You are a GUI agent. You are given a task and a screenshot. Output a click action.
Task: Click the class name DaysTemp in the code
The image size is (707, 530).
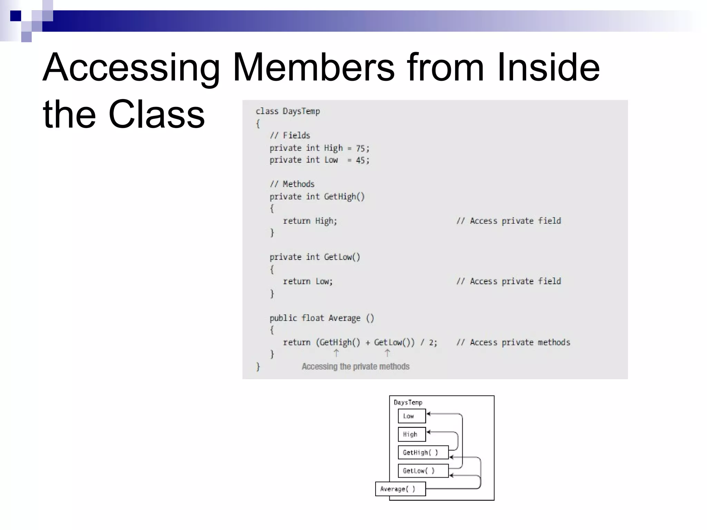(301, 111)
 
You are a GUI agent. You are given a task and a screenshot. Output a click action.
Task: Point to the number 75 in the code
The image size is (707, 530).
(360, 148)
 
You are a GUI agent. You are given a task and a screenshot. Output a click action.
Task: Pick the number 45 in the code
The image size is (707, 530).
(360, 160)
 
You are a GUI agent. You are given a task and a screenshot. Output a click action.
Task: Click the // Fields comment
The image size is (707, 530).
(290, 135)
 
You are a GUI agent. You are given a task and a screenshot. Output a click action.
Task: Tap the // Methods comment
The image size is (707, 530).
(292, 184)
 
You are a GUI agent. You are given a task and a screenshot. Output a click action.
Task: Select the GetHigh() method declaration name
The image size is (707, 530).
(344, 197)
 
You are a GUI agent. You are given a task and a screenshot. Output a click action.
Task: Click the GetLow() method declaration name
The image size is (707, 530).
(342, 257)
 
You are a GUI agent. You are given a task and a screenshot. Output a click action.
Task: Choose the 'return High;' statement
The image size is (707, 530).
(310, 221)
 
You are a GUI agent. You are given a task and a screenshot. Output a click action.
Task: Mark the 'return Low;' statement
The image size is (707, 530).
(308, 281)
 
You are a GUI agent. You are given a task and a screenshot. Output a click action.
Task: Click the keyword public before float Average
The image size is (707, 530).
(283, 318)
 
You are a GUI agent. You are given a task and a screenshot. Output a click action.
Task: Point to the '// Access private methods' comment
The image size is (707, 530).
(513, 342)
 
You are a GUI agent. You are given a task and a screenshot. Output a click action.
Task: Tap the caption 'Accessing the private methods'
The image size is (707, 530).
(356, 366)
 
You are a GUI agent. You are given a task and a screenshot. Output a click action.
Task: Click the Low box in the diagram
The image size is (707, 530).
(411, 416)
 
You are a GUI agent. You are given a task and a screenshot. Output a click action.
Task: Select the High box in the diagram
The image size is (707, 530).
(411, 434)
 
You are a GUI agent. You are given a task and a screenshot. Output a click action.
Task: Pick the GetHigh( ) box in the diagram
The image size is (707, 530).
(423, 452)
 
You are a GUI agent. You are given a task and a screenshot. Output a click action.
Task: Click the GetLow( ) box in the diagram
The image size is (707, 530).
(423, 471)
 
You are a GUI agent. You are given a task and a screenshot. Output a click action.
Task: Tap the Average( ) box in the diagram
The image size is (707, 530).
(400, 489)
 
